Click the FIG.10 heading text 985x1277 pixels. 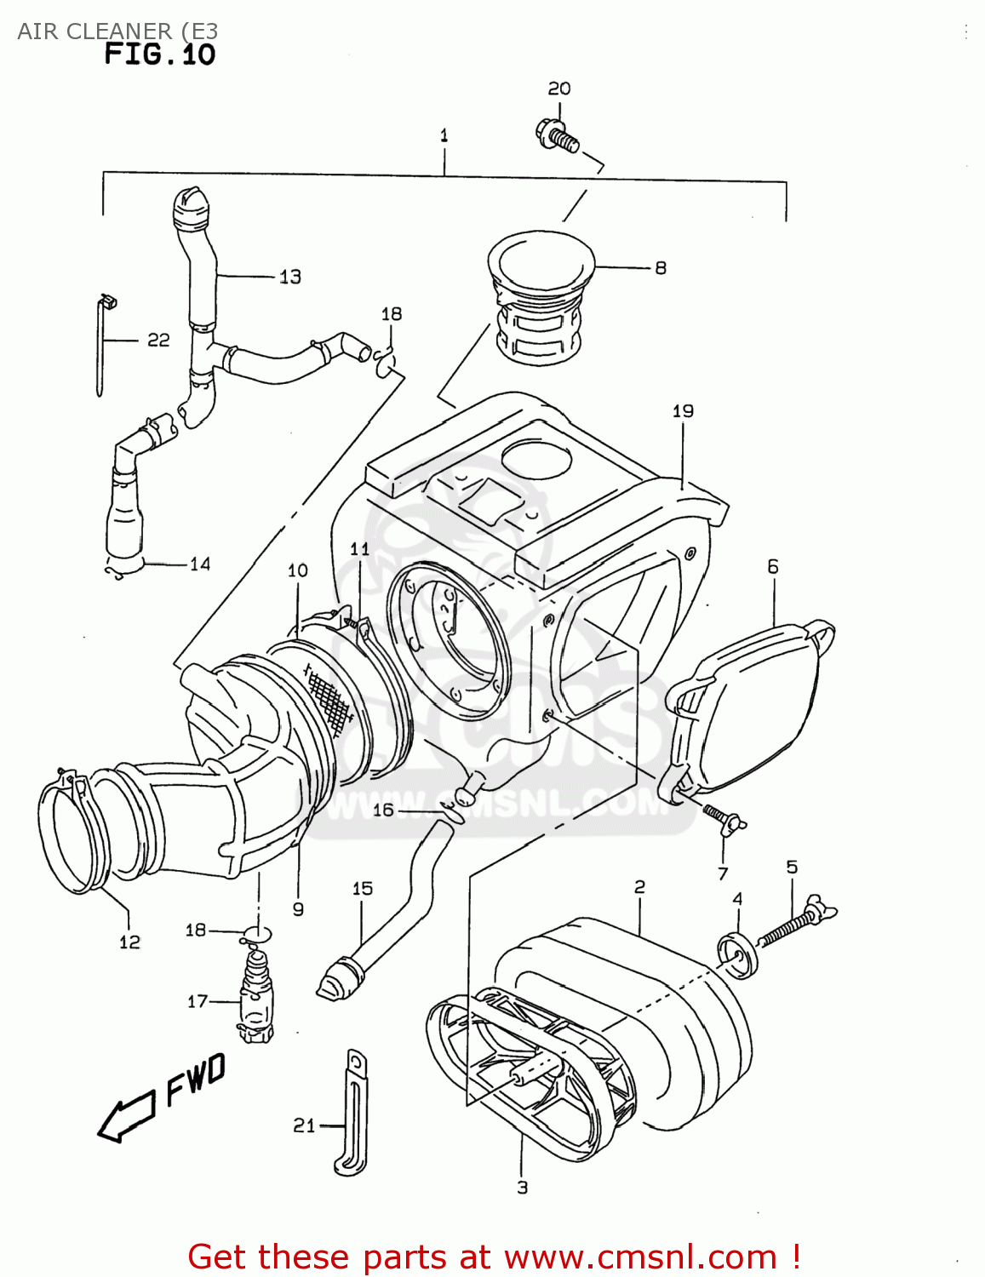(159, 55)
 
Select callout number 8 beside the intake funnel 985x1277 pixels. (660, 268)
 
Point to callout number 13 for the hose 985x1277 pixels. (289, 277)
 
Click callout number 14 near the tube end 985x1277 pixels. (199, 564)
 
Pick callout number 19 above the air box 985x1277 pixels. (683, 411)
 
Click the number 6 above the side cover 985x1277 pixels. (772, 567)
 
